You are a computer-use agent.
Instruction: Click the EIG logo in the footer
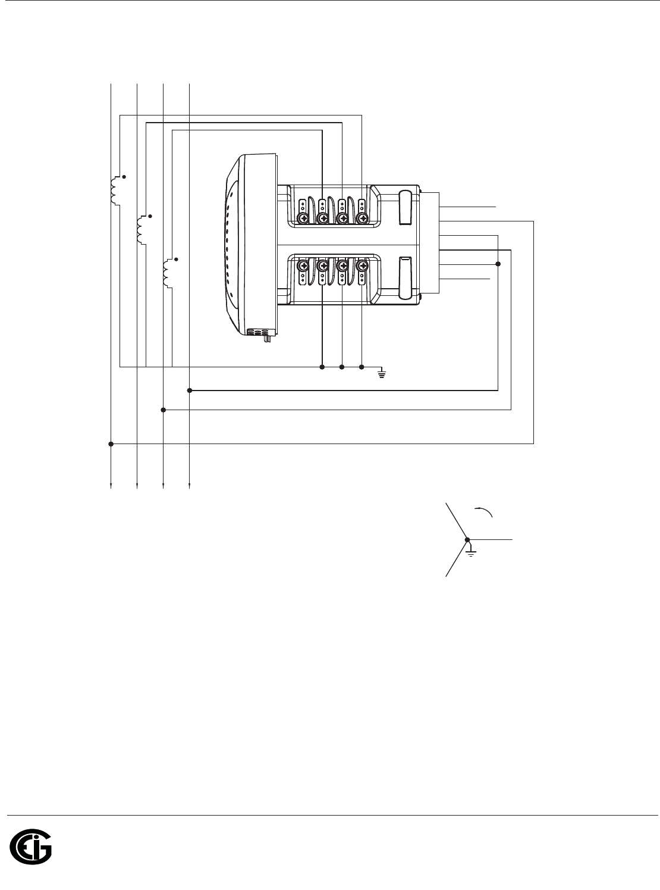click(x=31, y=845)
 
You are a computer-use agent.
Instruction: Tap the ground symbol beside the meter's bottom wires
click(x=382, y=373)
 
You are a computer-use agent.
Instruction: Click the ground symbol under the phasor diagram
click(x=471, y=552)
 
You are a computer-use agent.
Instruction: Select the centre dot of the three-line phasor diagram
click(x=467, y=539)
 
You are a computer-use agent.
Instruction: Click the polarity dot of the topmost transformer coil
click(x=124, y=177)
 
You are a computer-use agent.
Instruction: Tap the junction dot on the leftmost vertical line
click(x=111, y=444)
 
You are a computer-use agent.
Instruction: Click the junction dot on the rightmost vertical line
click(x=190, y=391)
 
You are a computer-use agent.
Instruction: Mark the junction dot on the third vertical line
click(x=164, y=410)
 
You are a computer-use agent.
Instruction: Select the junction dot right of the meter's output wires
click(x=498, y=264)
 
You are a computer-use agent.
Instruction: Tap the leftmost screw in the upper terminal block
click(x=303, y=219)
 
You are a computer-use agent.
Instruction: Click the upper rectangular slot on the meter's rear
click(x=405, y=208)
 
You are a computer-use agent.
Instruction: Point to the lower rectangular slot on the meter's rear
click(x=405, y=277)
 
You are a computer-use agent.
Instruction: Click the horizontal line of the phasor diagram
click(x=491, y=539)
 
